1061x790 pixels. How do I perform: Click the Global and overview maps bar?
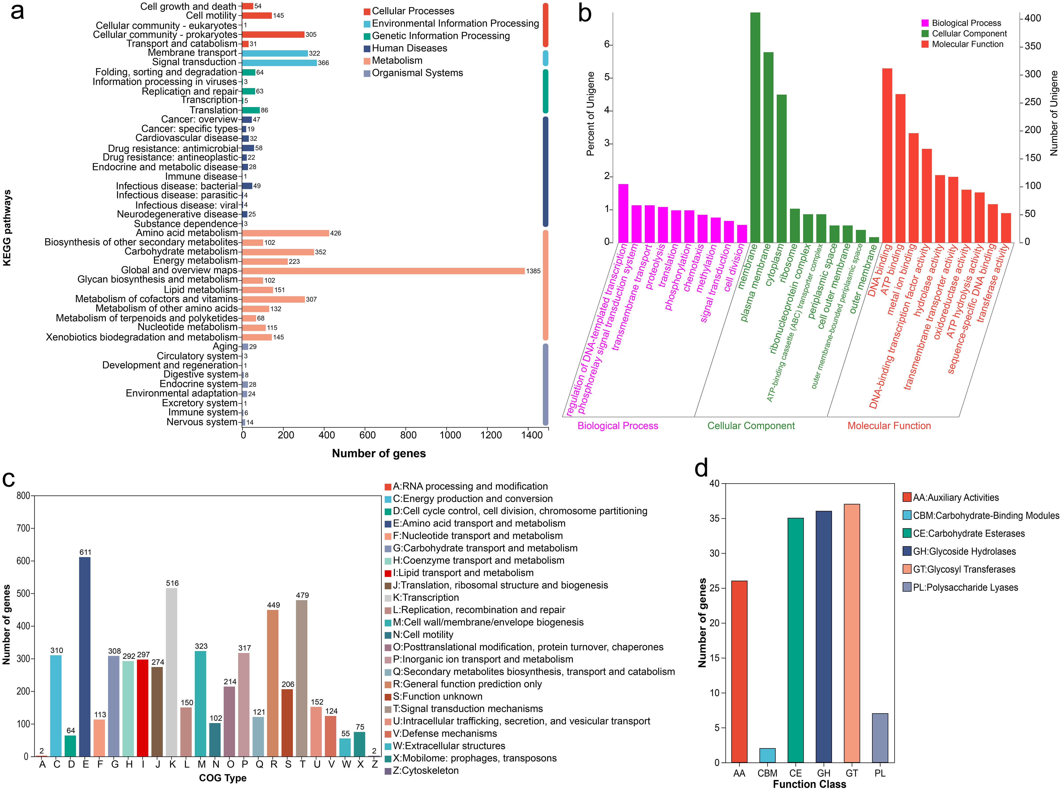tap(383, 271)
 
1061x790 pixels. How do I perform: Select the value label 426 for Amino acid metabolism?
tap(335, 233)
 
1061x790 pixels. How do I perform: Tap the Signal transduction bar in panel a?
tap(279, 63)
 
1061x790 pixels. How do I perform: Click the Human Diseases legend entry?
tap(409, 48)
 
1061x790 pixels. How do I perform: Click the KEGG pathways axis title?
tap(7, 228)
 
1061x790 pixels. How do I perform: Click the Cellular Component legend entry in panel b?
tap(969, 33)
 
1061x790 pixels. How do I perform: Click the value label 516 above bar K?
tap(172, 583)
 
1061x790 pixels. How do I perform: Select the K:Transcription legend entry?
tap(426, 597)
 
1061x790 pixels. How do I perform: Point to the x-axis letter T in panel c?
tap(302, 764)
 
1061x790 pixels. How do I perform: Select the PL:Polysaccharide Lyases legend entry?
tap(965, 587)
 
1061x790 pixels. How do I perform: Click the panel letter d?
tap(701, 468)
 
